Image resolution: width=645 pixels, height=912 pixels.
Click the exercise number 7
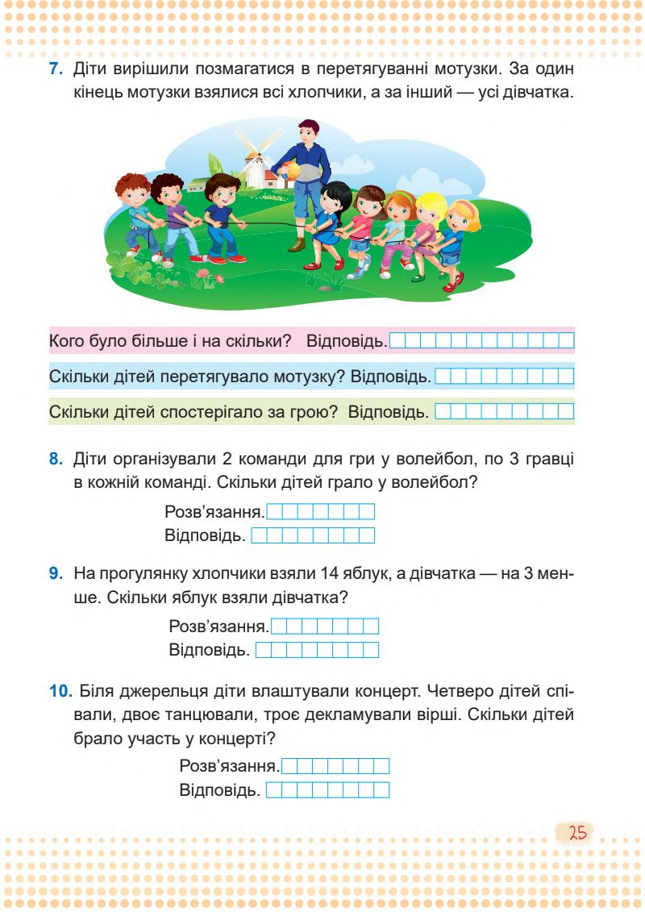(56, 70)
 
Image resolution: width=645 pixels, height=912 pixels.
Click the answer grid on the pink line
(481, 341)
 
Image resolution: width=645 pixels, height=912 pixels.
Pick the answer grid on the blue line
(504, 377)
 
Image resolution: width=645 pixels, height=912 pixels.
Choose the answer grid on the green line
(504, 412)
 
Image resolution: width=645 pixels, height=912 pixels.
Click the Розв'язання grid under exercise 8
(320, 511)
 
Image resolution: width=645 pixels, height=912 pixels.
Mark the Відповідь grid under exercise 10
(327, 789)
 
